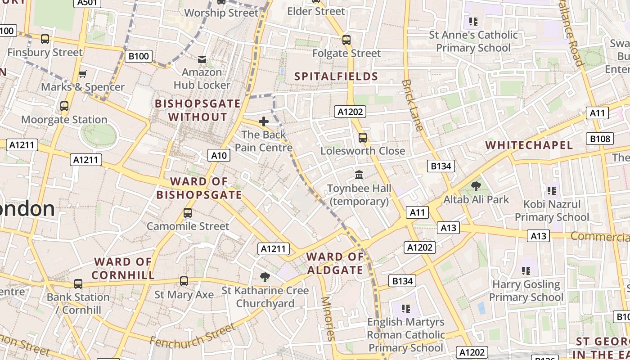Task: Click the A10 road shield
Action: point(219,156)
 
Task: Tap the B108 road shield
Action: point(600,139)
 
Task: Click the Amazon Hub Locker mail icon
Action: point(202,59)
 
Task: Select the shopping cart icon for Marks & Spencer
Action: point(82,74)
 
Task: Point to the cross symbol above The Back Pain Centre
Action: point(264,121)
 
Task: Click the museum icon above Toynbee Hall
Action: point(359,175)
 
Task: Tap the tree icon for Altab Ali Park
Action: point(476,186)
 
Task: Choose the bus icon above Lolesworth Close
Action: point(363,137)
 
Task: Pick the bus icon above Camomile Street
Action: point(188,213)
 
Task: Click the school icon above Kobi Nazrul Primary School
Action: point(551,190)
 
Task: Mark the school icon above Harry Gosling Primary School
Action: point(526,271)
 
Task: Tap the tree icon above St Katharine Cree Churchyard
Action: point(265,277)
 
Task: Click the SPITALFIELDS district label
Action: point(336,76)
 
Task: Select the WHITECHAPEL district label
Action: point(529,145)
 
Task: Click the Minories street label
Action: point(328,319)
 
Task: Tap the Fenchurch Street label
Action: point(193,336)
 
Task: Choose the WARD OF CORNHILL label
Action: point(123,268)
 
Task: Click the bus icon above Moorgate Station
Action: point(64,106)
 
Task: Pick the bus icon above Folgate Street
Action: point(346,40)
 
